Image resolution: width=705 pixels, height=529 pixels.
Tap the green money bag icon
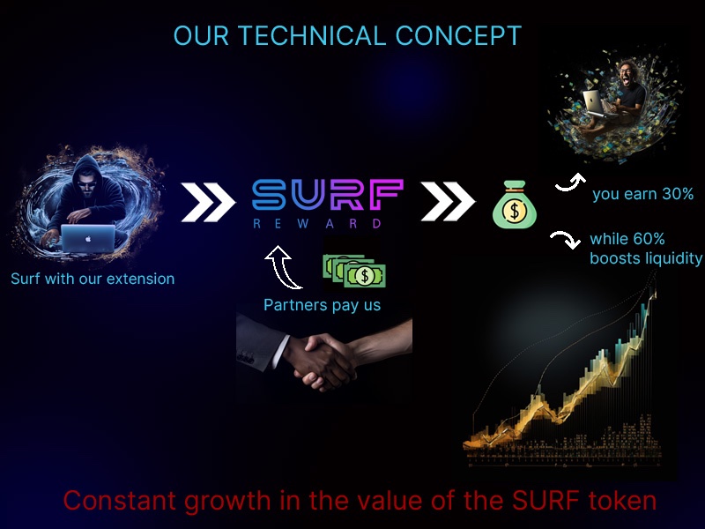pyautogui.click(x=515, y=205)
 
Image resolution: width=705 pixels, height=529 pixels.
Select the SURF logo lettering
pyautogui.click(x=328, y=194)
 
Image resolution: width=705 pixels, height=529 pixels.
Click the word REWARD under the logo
pyautogui.click(x=317, y=224)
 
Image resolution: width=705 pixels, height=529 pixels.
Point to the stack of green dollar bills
pyautogui.click(x=354, y=272)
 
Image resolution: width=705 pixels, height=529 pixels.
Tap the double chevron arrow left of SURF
pyautogui.click(x=208, y=203)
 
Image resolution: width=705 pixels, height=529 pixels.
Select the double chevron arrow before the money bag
pyautogui.click(x=448, y=202)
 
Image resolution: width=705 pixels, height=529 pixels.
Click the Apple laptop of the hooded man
pyautogui.click(x=88, y=238)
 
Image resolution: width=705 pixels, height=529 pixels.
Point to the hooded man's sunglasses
pyautogui.click(x=86, y=184)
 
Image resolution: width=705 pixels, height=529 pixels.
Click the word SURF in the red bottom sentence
pyautogui.click(x=545, y=501)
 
